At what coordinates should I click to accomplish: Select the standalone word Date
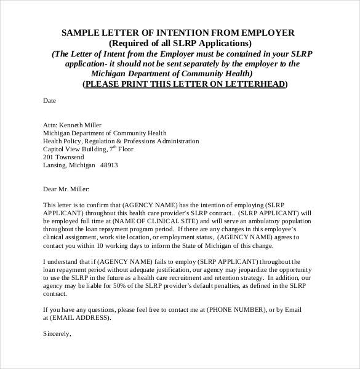[x=49, y=100]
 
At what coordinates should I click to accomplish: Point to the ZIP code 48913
[x=109, y=165]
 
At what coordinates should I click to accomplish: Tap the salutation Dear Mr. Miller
[x=66, y=189]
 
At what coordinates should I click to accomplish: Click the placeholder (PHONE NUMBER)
[x=236, y=310]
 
